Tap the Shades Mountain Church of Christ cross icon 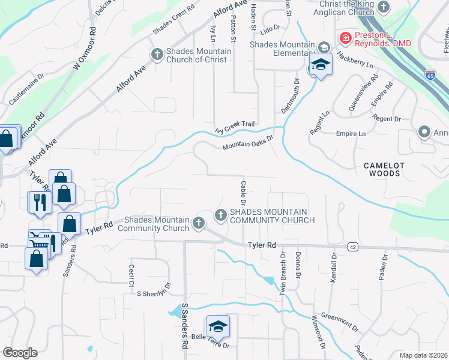click(157, 55)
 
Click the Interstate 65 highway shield click(430, 74)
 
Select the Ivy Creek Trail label click(235, 124)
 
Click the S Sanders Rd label click(185, 326)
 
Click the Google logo click(20, 353)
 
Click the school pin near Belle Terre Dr click(217, 327)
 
